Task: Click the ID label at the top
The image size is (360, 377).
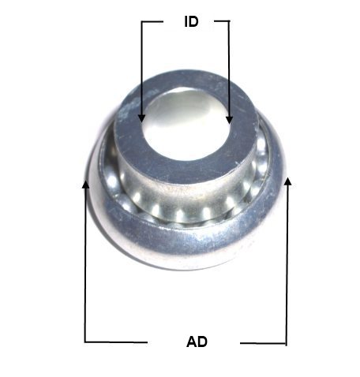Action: pyautogui.click(x=191, y=21)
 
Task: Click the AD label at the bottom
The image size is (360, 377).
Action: pyautogui.click(x=197, y=342)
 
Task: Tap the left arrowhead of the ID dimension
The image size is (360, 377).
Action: pyautogui.click(x=142, y=118)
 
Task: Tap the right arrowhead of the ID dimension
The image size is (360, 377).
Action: pyautogui.click(x=230, y=120)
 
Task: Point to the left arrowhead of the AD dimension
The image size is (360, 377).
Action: pyautogui.click(x=85, y=185)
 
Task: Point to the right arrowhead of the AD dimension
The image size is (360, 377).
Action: pyautogui.click(x=288, y=181)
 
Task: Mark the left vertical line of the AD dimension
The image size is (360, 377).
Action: pyautogui.click(x=85, y=262)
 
